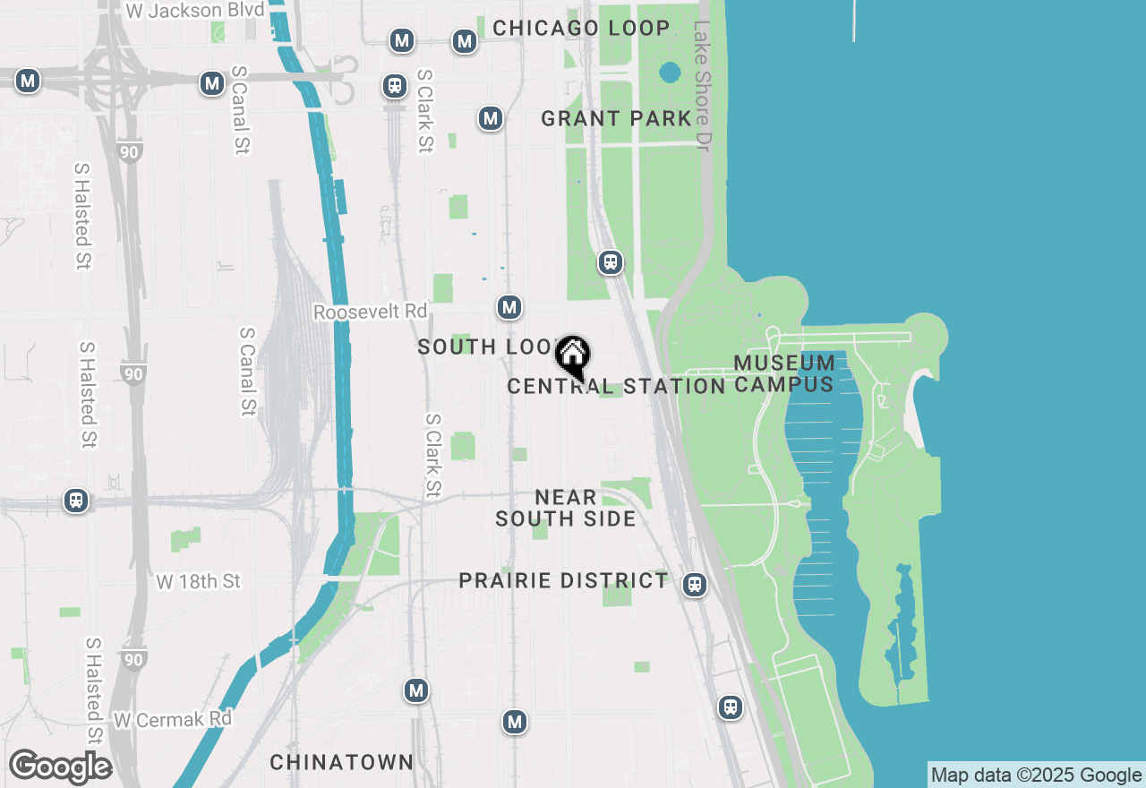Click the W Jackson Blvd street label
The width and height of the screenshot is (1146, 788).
pos(195,11)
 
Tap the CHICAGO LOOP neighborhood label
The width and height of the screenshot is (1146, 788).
pos(581,28)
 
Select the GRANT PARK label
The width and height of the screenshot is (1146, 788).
pos(616,118)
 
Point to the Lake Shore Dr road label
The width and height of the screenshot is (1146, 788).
pos(701,85)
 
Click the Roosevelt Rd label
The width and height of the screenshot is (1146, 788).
pos(370,312)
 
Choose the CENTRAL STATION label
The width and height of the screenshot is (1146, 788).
pos(616,387)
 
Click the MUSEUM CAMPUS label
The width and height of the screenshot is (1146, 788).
pos(784,373)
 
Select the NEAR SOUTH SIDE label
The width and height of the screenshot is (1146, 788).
pos(566,508)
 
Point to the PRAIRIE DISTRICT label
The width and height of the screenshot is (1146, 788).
pos(563,580)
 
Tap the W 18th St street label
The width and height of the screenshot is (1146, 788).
pos(198,581)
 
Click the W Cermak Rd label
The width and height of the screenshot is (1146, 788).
pos(173,719)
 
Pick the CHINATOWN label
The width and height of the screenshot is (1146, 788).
pos(341,762)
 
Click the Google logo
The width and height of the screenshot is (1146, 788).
pos(60,767)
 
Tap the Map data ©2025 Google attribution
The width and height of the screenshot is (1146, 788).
pos(1036,775)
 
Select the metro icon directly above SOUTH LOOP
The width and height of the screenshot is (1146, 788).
pos(509,307)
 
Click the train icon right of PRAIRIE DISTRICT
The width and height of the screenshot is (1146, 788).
pos(694,585)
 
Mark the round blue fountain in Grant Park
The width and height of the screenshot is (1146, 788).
pos(670,72)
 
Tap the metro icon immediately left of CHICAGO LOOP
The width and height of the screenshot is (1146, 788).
pos(464,41)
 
